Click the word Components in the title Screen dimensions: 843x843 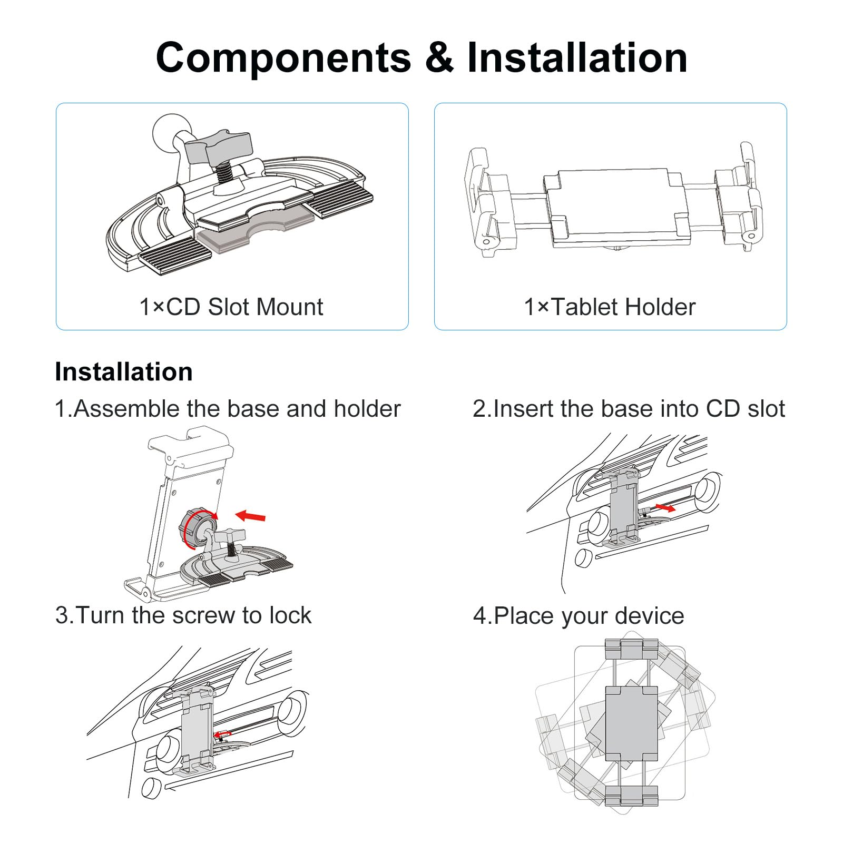pyautogui.click(x=283, y=57)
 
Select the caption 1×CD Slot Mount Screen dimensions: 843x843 pyautogui.click(x=231, y=307)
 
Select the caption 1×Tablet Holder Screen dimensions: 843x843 pyautogui.click(x=610, y=307)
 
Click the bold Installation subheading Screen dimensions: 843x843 pyautogui.click(x=124, y=372)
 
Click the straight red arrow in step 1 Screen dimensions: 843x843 pyautogui.click(x=250, y=516)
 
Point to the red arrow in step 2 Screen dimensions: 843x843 pyautogui.click(x=665, y=507)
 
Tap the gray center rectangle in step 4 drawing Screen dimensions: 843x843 pyautogui.click(x=632, y=723)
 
